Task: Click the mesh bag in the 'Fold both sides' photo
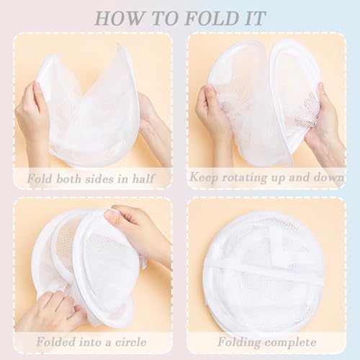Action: pyautogui.click(x=90, y=101)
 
